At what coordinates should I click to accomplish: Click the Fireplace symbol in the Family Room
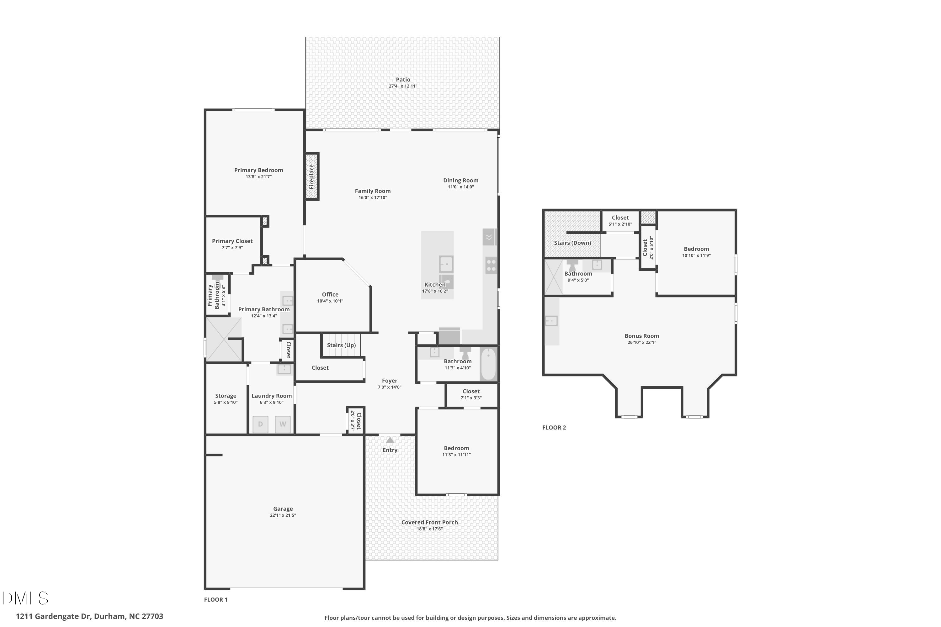pos(312,176)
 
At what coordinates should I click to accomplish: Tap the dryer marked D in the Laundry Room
pos(260,424)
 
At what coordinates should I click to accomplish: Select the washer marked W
pos(283,424)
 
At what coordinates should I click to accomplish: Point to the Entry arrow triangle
pos(390,440)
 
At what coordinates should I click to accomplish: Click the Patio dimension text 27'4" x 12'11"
pos(403,86)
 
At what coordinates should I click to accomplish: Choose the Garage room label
pos(283,508)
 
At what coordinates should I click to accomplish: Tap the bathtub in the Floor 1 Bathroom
pos(488,364)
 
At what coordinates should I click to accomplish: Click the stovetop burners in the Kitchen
pos(491,266)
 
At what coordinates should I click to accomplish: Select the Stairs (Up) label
pos(341,345)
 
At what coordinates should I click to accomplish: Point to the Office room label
pos(330,294)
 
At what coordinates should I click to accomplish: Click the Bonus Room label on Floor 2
pos(642,336)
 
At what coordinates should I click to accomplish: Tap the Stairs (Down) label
pos(572,243)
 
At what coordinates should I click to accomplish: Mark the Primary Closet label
pos(232,241)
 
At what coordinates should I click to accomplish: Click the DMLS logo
pos(25,598)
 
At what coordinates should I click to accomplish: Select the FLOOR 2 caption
pos(554,428)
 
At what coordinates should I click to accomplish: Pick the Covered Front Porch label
pos(429,522)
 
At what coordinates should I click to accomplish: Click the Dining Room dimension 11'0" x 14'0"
pos(460,187)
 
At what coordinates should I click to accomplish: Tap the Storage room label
pos(226,396)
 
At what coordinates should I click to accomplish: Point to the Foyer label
pos(390,381)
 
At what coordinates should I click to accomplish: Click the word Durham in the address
pos(109,616)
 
